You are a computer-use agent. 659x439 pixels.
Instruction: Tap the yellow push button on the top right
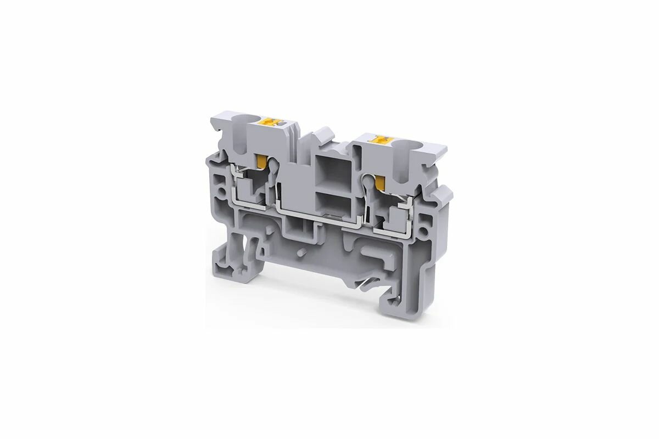click(x=379, y=140)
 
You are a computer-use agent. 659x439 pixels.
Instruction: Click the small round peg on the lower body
click(x=301, y=253)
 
